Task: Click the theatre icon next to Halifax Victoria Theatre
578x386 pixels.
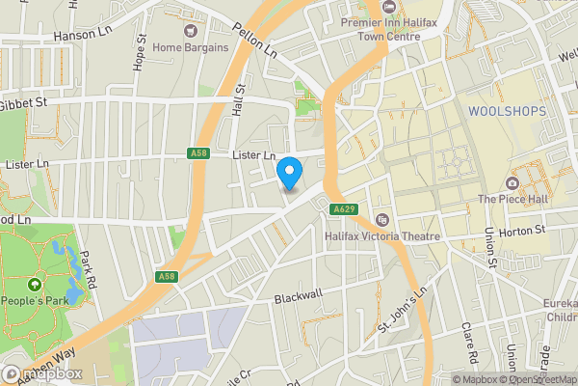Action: click(x=383, y=220)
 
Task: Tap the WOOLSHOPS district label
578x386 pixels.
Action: click(x=507, y=112)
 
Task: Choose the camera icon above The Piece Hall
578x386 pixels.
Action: click(x=512, y=183)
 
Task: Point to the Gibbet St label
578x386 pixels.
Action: click(x=24, y=103)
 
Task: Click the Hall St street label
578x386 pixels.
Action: click(x=241, y=99)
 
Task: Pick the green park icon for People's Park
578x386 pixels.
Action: click(x=36, y=285)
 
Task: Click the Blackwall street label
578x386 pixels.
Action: click(x=297, y=298)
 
